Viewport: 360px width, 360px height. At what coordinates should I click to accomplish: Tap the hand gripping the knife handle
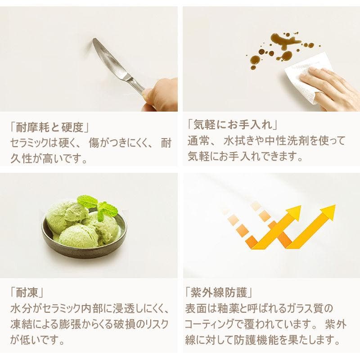pos(160,94)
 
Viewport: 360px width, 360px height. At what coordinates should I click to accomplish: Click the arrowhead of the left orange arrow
pos(293,212)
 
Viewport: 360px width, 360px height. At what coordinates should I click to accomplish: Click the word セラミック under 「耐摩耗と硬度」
pos(33,144)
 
